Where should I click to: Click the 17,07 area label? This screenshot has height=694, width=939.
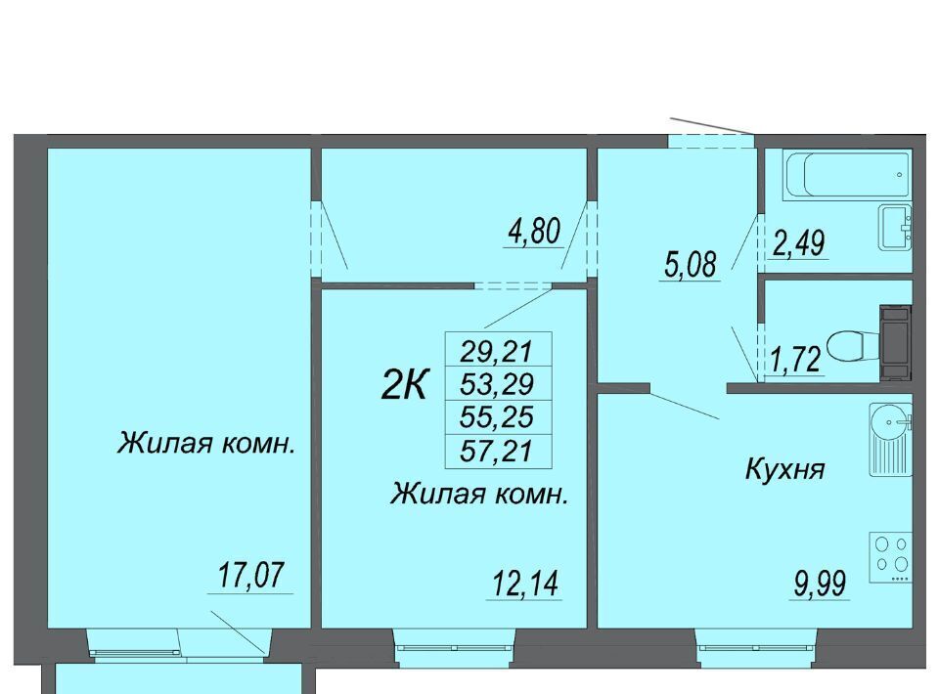click(x=250, y=575)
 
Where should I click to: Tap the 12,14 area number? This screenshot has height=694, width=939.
click(x=525, y=584)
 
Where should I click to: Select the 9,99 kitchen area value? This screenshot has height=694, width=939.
click(x=820, y=584)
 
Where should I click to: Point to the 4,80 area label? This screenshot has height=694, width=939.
click(x=534, y=232)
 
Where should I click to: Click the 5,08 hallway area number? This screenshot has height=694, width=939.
click(x=690, y=265)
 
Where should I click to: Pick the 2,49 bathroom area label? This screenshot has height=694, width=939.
click(x=798, y=243)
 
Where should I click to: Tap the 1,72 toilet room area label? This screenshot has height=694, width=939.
click(x=796, y=361)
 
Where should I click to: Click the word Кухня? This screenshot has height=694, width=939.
click(x=785, y=468)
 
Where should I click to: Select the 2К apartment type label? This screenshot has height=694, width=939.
click(x=404, y=385)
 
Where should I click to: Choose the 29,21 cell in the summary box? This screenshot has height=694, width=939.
click(x=497, y=351)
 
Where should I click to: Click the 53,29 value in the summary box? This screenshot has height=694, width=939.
click(x=497, y=383)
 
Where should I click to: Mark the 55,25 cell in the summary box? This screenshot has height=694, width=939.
click(x=497, y=416)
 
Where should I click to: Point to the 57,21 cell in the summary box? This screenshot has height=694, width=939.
click(x=497, y=450)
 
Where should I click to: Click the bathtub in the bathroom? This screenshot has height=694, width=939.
click(x=847, y=175)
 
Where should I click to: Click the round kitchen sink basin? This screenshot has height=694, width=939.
click(x=890, y=422)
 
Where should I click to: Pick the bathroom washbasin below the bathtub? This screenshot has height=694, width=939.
click(x=895, y=227)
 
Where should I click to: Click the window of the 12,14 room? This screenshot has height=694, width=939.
click(x=454, y=647)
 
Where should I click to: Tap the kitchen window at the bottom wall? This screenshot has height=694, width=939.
click(x=756, y=647)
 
